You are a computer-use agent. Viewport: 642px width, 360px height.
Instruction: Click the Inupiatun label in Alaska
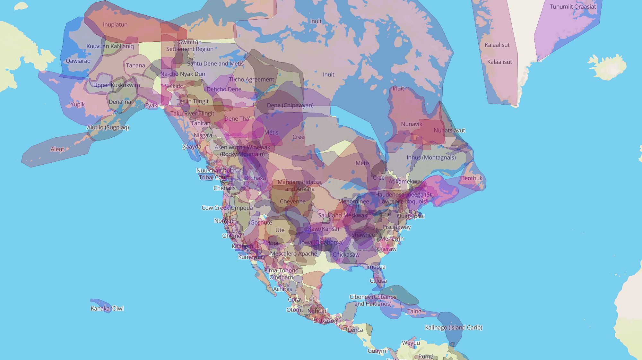pos(115,25)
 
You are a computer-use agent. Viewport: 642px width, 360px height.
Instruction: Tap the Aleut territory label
pos(57,149)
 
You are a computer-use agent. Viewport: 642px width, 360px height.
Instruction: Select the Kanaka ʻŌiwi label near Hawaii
pos(107,309)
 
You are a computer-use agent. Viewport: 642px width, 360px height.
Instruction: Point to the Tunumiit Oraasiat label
pos(573,7)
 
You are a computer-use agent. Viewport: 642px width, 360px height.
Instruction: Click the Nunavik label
pos(412,124)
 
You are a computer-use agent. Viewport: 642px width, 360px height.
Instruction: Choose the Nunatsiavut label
pos(449,131)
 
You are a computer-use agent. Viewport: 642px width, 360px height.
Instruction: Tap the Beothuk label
pos(472,178)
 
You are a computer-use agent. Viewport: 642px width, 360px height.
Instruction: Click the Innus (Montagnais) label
pos(431,158)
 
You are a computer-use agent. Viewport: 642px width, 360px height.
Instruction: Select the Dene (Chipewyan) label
pos(290,105)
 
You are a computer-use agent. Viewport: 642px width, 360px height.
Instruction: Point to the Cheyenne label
pos(292,201)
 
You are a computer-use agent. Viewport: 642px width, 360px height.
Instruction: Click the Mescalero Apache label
pos(293,254)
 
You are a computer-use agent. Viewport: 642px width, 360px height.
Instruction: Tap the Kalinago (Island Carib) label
pos(454,328)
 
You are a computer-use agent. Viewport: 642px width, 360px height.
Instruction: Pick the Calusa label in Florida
pos(378,281)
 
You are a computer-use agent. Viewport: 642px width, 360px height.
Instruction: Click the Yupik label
pos(78,105)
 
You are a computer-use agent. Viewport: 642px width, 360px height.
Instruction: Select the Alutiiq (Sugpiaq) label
pos(108,127)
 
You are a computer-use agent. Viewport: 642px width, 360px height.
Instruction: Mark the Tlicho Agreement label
pos(251,80)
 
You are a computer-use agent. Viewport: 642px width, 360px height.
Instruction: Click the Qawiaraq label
pos(78,61)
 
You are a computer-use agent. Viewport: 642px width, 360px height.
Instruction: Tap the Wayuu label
pos(411,343)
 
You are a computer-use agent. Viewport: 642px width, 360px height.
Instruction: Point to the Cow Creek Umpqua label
pos(227,208)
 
